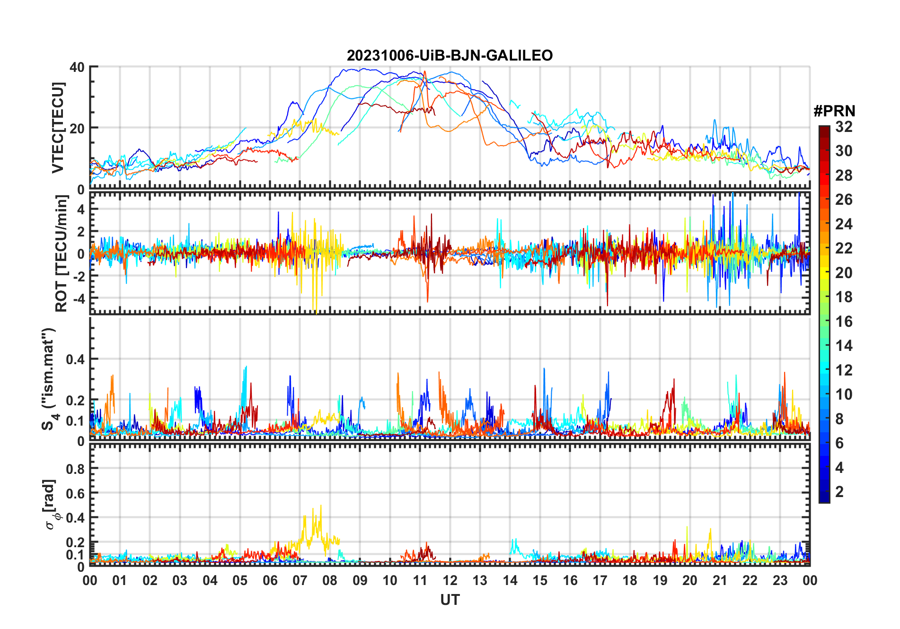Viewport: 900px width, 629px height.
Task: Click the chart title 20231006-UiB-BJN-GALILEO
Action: tap(450, 55)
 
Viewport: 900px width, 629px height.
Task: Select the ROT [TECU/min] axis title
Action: tap(61, 253)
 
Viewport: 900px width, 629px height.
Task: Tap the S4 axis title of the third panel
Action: tap(49, 378)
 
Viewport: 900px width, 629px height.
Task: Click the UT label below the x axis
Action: tap(450, 600)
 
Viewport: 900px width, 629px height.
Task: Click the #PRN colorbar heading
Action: tap(834, 111)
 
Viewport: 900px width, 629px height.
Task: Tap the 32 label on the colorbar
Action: tap(844, 127)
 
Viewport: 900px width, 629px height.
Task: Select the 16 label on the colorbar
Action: tap(844, 322)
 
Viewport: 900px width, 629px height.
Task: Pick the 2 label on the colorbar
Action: tap(839, 492)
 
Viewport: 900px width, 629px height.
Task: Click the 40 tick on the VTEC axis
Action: tap(77, 67)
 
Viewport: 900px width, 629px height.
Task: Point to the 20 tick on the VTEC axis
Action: tap(77, 128)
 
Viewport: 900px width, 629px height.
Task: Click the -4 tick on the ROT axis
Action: tap(79, 298)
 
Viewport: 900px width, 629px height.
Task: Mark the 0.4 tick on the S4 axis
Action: tap(75, 359)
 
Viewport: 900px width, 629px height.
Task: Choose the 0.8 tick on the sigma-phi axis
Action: tap(75, 469)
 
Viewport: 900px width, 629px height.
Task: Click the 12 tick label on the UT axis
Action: tap(450, 580)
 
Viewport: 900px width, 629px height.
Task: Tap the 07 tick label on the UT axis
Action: tap(300, 580)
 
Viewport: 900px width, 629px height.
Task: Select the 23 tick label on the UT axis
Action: tap(780, 580)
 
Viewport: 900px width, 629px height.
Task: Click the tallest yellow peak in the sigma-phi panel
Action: tap(321, 506)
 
